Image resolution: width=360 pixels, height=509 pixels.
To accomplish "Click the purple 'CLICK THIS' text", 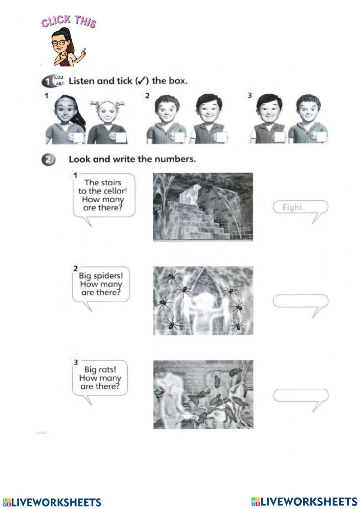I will [68, 21].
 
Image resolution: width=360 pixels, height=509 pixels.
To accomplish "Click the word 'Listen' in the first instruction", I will [81, 81].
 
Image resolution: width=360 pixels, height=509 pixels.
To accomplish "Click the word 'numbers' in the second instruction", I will [178, 159].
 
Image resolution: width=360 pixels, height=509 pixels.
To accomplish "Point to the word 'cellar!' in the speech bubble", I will [115, 191].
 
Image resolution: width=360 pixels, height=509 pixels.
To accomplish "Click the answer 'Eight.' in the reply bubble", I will [293, 207].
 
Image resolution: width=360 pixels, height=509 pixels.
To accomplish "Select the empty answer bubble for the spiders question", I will [301, 301].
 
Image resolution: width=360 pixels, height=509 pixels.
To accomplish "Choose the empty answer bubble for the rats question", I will [301, 395].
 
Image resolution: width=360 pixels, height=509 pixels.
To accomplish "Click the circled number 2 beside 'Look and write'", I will [48, 159].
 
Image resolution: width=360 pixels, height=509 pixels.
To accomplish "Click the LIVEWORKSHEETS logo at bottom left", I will [52, 502].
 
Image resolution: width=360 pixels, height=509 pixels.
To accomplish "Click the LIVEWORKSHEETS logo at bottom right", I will [304, 501].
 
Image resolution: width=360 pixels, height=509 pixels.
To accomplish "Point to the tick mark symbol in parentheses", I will [141, 81].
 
